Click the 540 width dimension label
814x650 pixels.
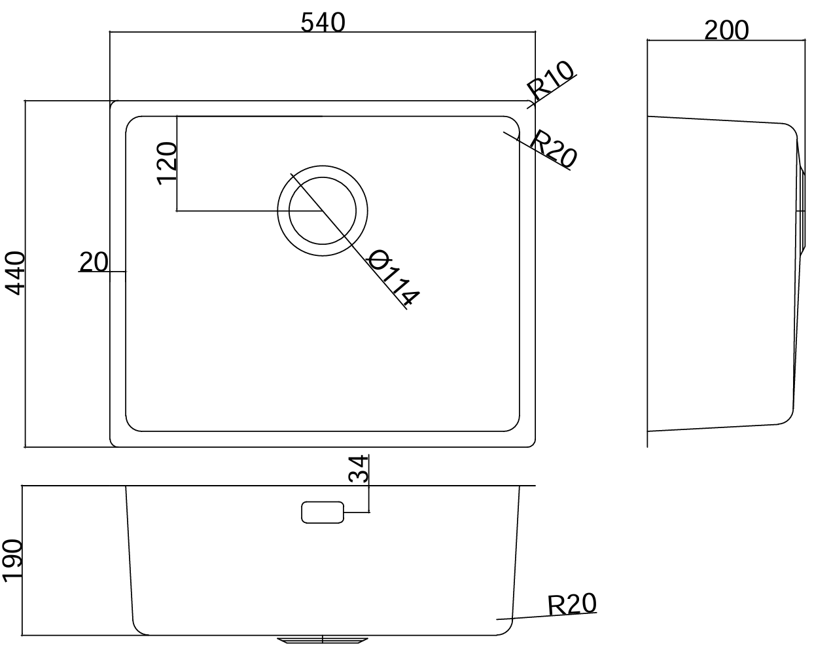(x=323, y=22)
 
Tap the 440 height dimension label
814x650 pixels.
(x=14, y=272)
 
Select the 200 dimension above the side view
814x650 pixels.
(x=726, y=30)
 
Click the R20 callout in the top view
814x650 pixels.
(x=553, y=149)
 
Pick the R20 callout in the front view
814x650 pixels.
(x=571, y=604)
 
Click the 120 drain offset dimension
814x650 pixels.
(x=167, y=164)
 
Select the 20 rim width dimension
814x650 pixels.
(x=94, y=262)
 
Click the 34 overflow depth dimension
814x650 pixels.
(x=358, y=469)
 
